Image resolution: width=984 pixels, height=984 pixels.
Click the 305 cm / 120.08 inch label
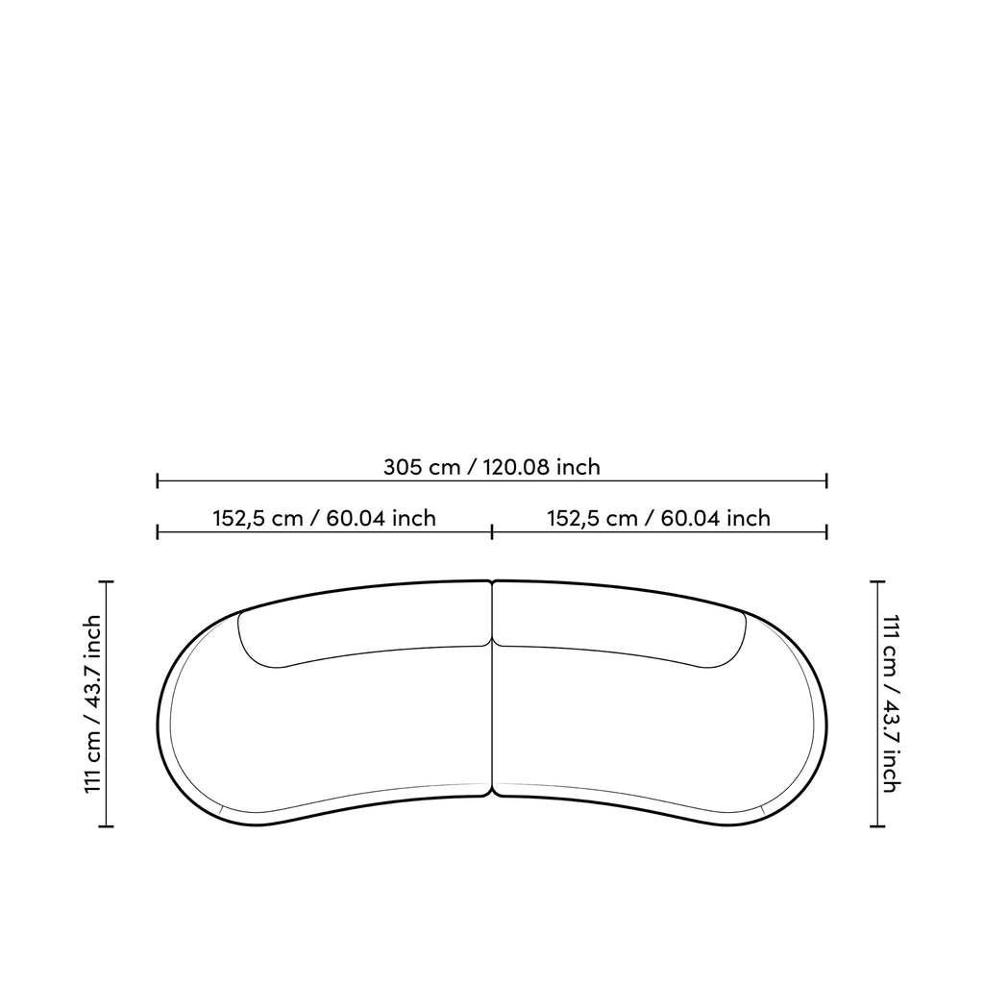point(492,467)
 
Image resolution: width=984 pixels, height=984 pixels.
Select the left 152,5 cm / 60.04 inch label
point(325,518)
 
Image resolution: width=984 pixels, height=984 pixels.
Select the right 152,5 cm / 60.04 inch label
point(659,518)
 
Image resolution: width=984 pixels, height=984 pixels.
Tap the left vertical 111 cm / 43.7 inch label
point(92,703)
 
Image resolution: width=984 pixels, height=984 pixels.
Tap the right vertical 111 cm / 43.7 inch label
point(892,703)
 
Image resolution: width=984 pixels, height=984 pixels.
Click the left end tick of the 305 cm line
point(158,481)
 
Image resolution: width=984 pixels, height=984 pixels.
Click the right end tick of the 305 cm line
point(826,481)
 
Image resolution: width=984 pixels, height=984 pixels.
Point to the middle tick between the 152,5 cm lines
point(492,532)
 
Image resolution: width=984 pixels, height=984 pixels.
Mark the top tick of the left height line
point(107,582)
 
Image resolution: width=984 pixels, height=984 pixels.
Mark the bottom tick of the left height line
point(107,826)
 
